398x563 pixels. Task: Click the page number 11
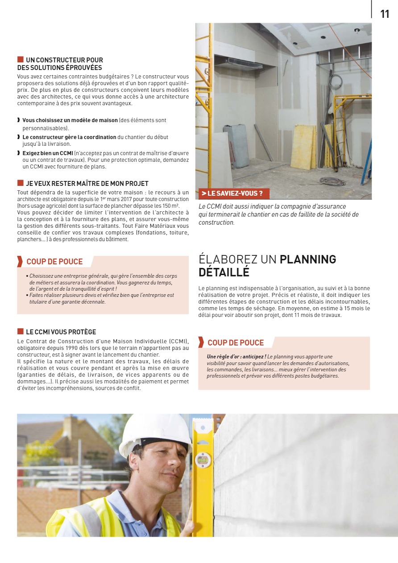point(385,14)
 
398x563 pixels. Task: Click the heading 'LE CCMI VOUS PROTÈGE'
point(61,332)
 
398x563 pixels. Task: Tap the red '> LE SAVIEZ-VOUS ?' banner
point(232,193)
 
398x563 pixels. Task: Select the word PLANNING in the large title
point(308,259)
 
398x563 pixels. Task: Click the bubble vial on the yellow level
point(203,459)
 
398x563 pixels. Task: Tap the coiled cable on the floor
point(332,181)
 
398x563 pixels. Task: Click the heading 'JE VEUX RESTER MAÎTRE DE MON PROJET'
point(87,183)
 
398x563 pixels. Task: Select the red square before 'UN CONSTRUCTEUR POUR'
point(20,60)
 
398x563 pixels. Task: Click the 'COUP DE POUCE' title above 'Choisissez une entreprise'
point(54,262)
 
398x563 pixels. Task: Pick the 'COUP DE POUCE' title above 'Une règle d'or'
point(236,343)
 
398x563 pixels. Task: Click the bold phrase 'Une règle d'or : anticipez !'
point(236,357)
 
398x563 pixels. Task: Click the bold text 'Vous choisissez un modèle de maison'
point(70,120)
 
